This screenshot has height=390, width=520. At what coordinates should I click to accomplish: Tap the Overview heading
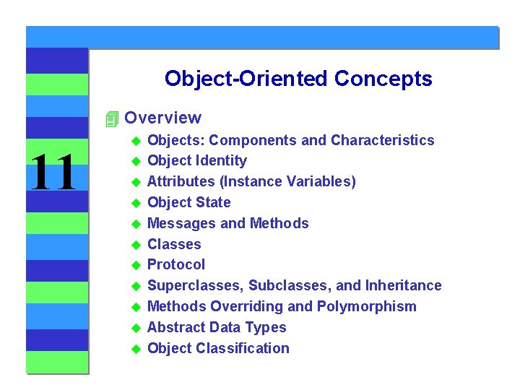162,118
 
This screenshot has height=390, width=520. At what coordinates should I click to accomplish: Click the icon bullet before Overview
110,118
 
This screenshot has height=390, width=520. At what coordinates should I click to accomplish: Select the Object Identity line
196,161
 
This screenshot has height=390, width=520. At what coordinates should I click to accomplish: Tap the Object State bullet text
188,203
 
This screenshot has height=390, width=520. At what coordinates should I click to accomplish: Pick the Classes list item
174,245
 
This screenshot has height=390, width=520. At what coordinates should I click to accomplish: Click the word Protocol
175,265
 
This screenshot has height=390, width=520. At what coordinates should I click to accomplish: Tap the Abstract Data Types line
216,328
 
